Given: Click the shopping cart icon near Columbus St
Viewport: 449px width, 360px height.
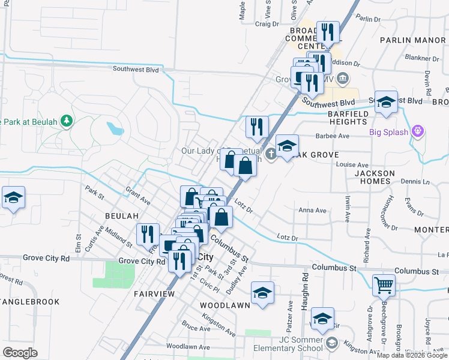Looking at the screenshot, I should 384,285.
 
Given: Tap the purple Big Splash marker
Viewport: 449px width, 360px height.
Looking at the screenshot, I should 419,132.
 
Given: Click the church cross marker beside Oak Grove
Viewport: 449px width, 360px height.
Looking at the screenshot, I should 271,154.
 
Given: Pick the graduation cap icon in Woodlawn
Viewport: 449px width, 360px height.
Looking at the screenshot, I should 262,293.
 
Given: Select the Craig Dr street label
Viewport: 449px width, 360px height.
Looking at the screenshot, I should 267,24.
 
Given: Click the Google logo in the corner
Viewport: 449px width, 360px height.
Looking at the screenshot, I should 20,352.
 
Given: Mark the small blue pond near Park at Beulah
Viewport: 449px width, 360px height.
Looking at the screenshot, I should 115,128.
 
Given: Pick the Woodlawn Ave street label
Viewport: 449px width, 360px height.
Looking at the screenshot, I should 188,347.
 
